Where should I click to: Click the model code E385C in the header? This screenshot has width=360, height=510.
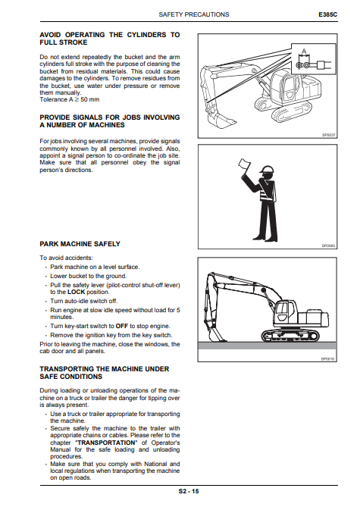328,14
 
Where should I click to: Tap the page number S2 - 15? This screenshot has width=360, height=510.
188,491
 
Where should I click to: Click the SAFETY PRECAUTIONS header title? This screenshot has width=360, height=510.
194,14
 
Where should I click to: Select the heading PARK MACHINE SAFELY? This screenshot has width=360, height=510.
80,244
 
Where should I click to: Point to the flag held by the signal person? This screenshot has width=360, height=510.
243,164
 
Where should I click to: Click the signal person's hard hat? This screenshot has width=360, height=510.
267,170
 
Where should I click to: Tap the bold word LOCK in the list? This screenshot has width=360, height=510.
76,292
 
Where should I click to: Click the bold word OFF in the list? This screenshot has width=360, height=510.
121,326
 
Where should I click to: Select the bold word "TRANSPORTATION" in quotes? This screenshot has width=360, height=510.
106,443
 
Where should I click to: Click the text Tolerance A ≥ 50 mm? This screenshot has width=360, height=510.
70,99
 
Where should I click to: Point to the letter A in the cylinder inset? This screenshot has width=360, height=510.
304,52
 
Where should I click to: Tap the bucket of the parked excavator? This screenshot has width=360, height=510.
214,335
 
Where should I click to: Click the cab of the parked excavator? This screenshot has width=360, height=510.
286,311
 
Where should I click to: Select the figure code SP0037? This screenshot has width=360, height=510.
328,135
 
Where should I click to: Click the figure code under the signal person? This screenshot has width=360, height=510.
328,246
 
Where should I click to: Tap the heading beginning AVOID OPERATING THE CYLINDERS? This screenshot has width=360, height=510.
110,39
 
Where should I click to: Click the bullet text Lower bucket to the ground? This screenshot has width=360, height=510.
89,276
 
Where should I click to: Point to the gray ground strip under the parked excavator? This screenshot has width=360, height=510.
267,346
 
